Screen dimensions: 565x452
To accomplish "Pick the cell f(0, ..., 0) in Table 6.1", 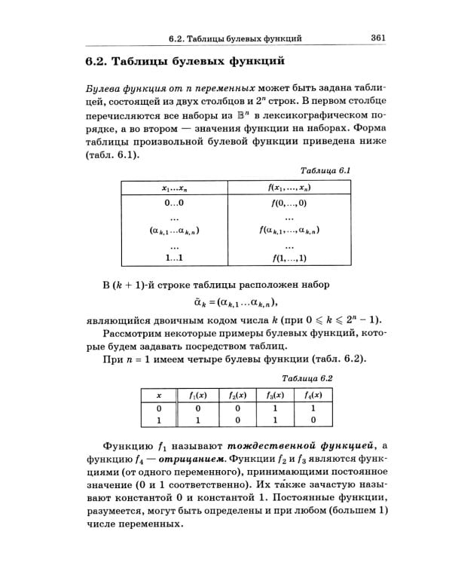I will [x=283, y=203].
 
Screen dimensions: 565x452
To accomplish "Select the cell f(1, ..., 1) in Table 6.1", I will [x=283, y=259].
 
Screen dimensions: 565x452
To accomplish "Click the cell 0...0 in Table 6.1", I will [x=174, y=203].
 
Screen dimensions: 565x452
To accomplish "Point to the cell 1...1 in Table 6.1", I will [x=174, y=258].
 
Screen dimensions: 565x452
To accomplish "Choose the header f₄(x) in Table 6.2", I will [x=312, y=395].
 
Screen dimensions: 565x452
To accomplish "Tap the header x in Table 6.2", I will [x=159, y=395].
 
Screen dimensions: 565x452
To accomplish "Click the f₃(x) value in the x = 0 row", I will [x=275, y=408].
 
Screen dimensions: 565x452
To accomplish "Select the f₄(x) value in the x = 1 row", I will [x=312, y=420].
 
